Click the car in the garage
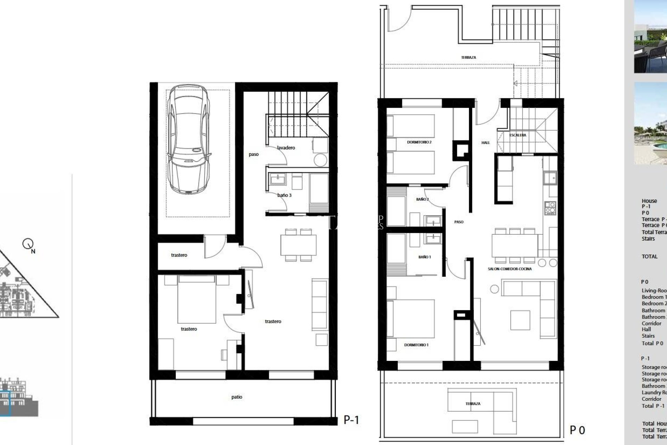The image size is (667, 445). point(189,139)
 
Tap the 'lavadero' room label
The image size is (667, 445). point(286,148)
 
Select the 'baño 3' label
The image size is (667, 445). point(285,195)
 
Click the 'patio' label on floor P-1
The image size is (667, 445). point(237,397)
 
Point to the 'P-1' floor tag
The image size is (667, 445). point(351,420)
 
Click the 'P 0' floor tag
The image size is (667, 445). point(577,430)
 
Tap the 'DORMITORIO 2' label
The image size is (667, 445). point(419,142)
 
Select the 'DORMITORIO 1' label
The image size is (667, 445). point(416,345)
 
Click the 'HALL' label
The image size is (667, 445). point(486,143)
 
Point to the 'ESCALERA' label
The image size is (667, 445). point(518,135)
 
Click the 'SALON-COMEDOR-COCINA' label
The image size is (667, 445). point(510,269)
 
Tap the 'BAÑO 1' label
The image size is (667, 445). point(425,257)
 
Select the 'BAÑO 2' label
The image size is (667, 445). point(422,199)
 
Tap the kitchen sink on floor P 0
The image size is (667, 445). point(550,178)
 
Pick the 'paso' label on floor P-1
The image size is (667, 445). point(254,154)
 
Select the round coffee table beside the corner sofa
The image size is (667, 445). point(494,289)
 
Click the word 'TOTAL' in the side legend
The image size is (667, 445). point(649,257)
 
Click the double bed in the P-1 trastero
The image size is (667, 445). point(196,299)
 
